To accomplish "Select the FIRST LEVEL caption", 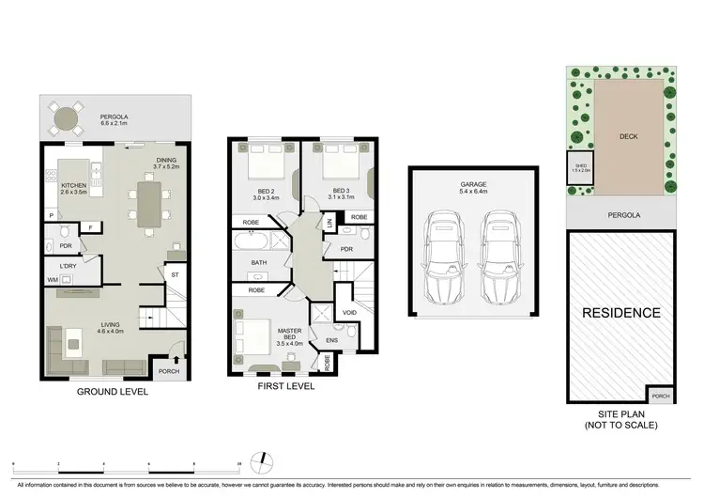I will pyautogui.click(x=285, y=385).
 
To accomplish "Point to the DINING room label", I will pyautogui.click(x=166, y=163).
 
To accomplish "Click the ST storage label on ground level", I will pyautogui.click(x=174, y=274).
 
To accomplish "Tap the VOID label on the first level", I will pyautogui.click(x=350, y=313).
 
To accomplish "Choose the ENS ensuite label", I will pyautogui.click(x=330, y=340).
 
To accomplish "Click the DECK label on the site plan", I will pyautogui.click(x=628, y=135).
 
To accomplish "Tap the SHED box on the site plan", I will pyautogui.click(x=581, y=168).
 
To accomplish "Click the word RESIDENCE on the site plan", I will pyautogui.click(x=622, y=313).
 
